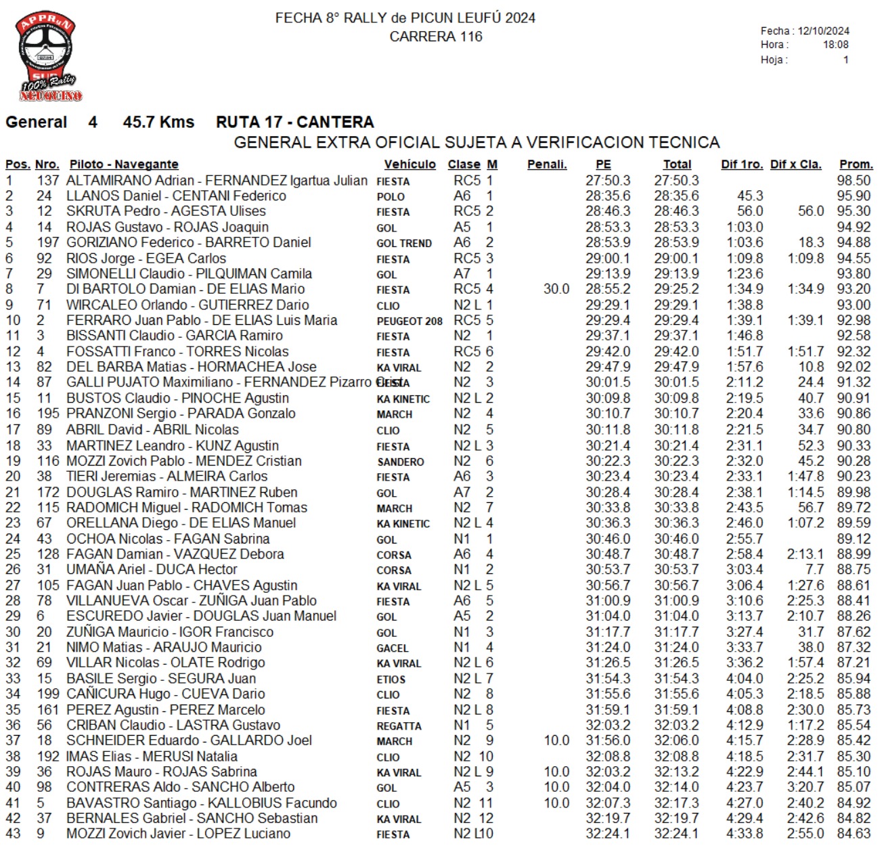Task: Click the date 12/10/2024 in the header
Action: [x=823, y=31]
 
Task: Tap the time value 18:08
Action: [x=835, y=45]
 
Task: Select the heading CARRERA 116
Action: [x=436, y=37]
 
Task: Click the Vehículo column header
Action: [x=409, y=164]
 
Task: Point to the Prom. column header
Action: [x=856, y=164]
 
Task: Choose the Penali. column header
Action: [x=547, y=164]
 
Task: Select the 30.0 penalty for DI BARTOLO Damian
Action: [x=556, y=289]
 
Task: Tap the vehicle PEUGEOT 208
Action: [x=409, y=321]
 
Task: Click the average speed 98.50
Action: [x=853, y=181]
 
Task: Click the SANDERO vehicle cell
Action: [x=401, y=462]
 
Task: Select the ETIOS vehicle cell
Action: [x=391, y=679]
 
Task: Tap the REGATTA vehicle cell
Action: [x=399, y=726]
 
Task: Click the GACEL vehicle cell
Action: [x=393, y=648]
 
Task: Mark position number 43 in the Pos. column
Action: [x=13, y=834]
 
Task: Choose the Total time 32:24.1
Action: [x=676, y=834]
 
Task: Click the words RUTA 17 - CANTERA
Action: [x=294, y=123]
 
